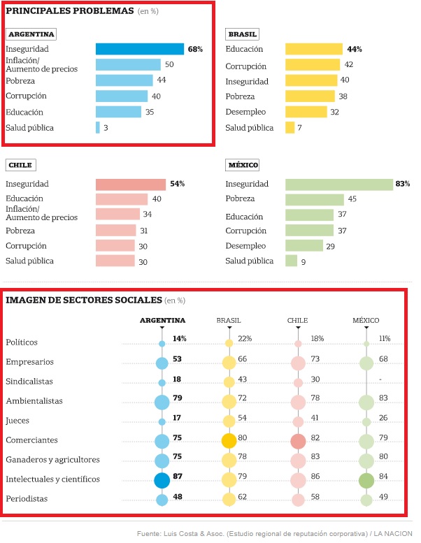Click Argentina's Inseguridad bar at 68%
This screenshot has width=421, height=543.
140,49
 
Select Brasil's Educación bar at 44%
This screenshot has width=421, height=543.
314,49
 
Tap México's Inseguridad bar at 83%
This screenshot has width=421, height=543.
339,184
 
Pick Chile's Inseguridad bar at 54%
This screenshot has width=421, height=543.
131,184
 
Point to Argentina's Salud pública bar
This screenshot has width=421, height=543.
98,127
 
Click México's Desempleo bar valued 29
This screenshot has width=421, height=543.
304,245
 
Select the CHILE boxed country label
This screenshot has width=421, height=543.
20,165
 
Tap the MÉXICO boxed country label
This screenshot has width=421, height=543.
242,165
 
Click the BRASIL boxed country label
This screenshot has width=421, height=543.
242,34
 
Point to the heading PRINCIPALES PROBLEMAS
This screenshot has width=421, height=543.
70,10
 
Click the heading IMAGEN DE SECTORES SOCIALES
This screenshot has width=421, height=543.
84,300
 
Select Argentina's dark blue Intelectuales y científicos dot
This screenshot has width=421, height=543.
162,480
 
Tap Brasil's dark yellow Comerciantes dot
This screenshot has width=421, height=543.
229,441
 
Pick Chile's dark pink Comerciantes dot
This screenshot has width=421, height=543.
298,441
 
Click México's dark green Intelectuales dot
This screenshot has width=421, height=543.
366,481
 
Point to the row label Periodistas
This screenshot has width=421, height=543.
27,499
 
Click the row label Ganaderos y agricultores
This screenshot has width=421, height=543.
52,460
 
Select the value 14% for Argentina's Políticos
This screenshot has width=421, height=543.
180,338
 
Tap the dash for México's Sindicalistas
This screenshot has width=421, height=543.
380,379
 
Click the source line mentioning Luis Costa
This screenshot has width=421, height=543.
274,534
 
